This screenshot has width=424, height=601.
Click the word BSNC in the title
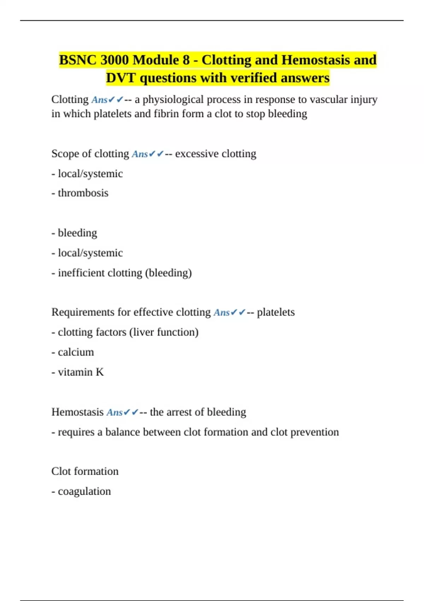coord(77,60)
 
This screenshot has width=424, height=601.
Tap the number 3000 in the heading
coord(114,60)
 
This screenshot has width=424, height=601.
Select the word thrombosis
coord(83,193)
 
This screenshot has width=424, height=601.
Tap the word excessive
coord(197,154)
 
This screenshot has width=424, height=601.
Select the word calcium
coord(76,352)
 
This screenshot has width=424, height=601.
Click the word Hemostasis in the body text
coord(77,412)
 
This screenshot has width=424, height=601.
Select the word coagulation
coord(84,491)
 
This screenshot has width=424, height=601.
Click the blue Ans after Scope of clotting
coord(140,154)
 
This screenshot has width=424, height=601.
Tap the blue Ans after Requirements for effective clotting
coord(222,313)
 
